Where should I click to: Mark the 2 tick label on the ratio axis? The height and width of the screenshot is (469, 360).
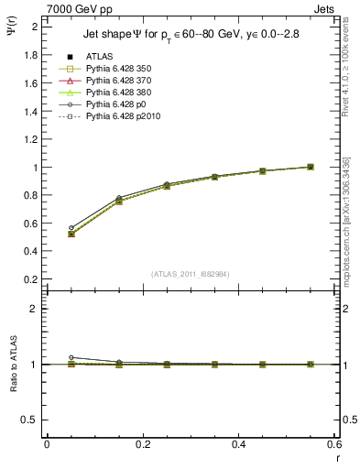tap(35, 309)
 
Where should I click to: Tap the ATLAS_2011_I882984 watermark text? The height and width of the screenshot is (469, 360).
tap(191, 273)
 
